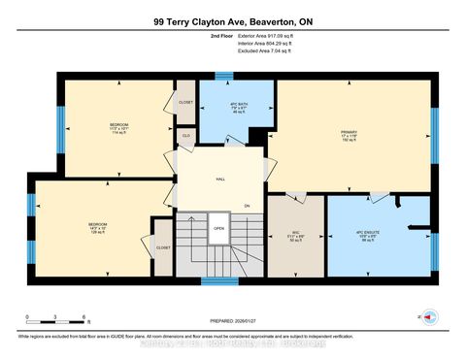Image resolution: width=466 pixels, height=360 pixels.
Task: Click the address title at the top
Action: tap(233, 20)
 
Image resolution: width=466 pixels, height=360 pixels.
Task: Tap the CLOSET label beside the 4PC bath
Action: tap(185, 102)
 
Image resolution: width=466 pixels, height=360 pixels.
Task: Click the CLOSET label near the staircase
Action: tap(162, 247)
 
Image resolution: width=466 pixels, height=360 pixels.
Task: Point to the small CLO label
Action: tap(186, 136)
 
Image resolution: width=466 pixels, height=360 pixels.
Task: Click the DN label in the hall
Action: tap(247, 206)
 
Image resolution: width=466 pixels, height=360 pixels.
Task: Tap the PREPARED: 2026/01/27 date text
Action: tap(233, 321)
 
